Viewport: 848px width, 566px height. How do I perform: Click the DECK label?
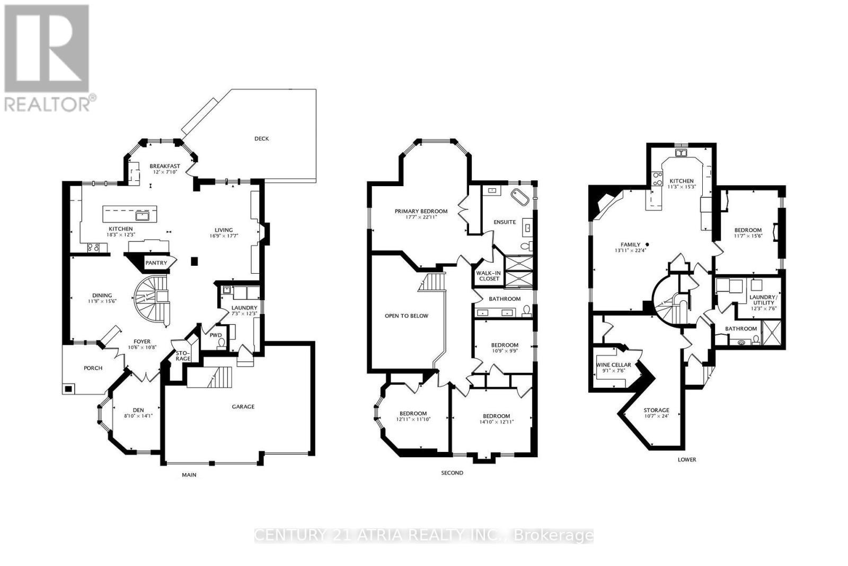coord(261,139)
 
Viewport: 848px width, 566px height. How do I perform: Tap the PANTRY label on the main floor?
coord(156,263)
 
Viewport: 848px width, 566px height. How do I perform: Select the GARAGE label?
coord(243,407)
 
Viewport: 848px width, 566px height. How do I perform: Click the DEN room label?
coord(138,410)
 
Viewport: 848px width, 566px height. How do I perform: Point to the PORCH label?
coord(93,368)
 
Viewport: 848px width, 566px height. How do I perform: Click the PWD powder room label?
coord(216,335)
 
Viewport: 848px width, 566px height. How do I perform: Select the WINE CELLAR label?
coord(614,365)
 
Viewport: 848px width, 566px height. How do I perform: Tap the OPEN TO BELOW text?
coord(407,316)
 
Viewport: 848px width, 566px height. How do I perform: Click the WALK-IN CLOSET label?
coord(489,276)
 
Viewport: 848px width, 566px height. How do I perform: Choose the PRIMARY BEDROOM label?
coord(421,211)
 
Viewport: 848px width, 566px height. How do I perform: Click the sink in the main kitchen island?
coord(142,215)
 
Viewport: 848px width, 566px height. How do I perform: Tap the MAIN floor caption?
coord(189,475)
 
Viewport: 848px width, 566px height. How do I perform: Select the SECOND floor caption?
coord(452,473)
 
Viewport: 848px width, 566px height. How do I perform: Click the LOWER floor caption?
coord(686,459)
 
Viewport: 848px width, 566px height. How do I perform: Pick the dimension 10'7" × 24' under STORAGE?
coord(656,416)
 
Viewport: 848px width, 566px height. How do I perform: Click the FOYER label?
coord(142,342)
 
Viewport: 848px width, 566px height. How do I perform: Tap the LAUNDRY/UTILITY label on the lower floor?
coord(763,300)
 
